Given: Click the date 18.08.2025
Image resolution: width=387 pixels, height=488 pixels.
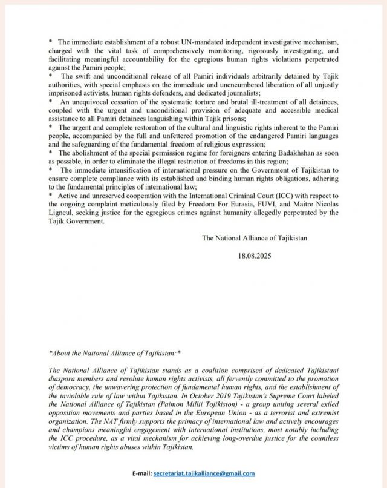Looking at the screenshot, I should click(x=255, y=256).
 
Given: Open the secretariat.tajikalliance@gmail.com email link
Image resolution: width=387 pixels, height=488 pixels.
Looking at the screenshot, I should click(x=204, y=473).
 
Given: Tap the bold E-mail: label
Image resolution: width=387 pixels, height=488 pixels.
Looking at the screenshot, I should click(x=138, y=473).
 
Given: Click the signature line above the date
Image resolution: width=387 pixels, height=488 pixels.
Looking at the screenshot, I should click(x=255, y=238).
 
